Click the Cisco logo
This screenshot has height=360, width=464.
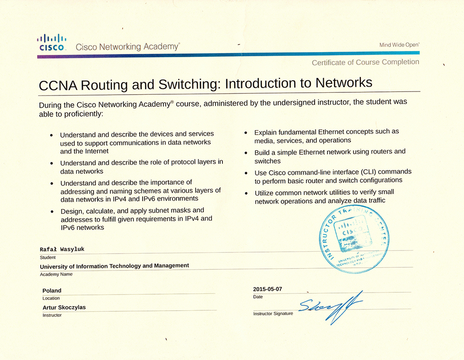pyautogui.click(x=52, y=42)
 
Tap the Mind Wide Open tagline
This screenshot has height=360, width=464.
pyautogui.click(x=399, y=45)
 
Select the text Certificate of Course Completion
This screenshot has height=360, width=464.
pyautogui.click(x=365, y=62)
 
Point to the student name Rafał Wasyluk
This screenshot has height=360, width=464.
pyautogui.click(x=62, y=249)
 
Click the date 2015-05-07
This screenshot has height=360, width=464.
pyautogui.click(x=267, y=289)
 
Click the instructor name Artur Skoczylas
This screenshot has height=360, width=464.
pyautogui.click(x=64, y=307)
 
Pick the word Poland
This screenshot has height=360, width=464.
pyautogui.click(x=52, y=291)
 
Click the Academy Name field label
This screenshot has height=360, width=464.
pyautogui.click(x=56, y=274)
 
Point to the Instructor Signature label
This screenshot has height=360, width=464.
pyautogui.click(x=273, y=313)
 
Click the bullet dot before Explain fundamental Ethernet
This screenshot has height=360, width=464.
pyautogui.click(x=246, y=133)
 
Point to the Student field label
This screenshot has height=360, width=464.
pyautogui.click(x=48, y=257)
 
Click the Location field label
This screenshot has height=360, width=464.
pyautogui.click(x=51, y=298)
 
